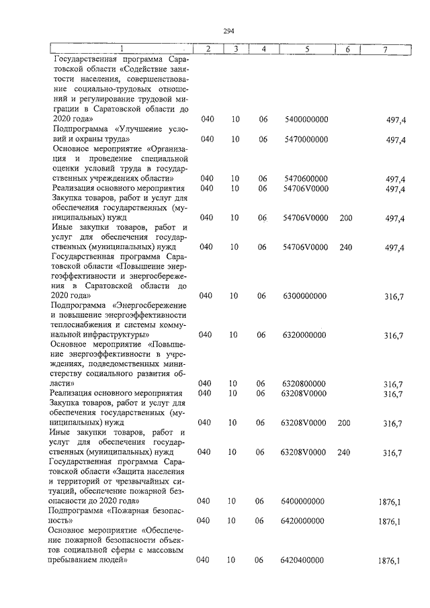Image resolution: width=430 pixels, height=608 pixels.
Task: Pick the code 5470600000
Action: coord(304,179)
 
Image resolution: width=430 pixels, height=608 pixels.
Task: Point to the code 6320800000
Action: coord(304,384)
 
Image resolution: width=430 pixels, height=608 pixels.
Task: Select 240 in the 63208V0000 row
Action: coord(345,453)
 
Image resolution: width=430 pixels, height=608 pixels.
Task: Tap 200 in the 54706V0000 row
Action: coord(346,218)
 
